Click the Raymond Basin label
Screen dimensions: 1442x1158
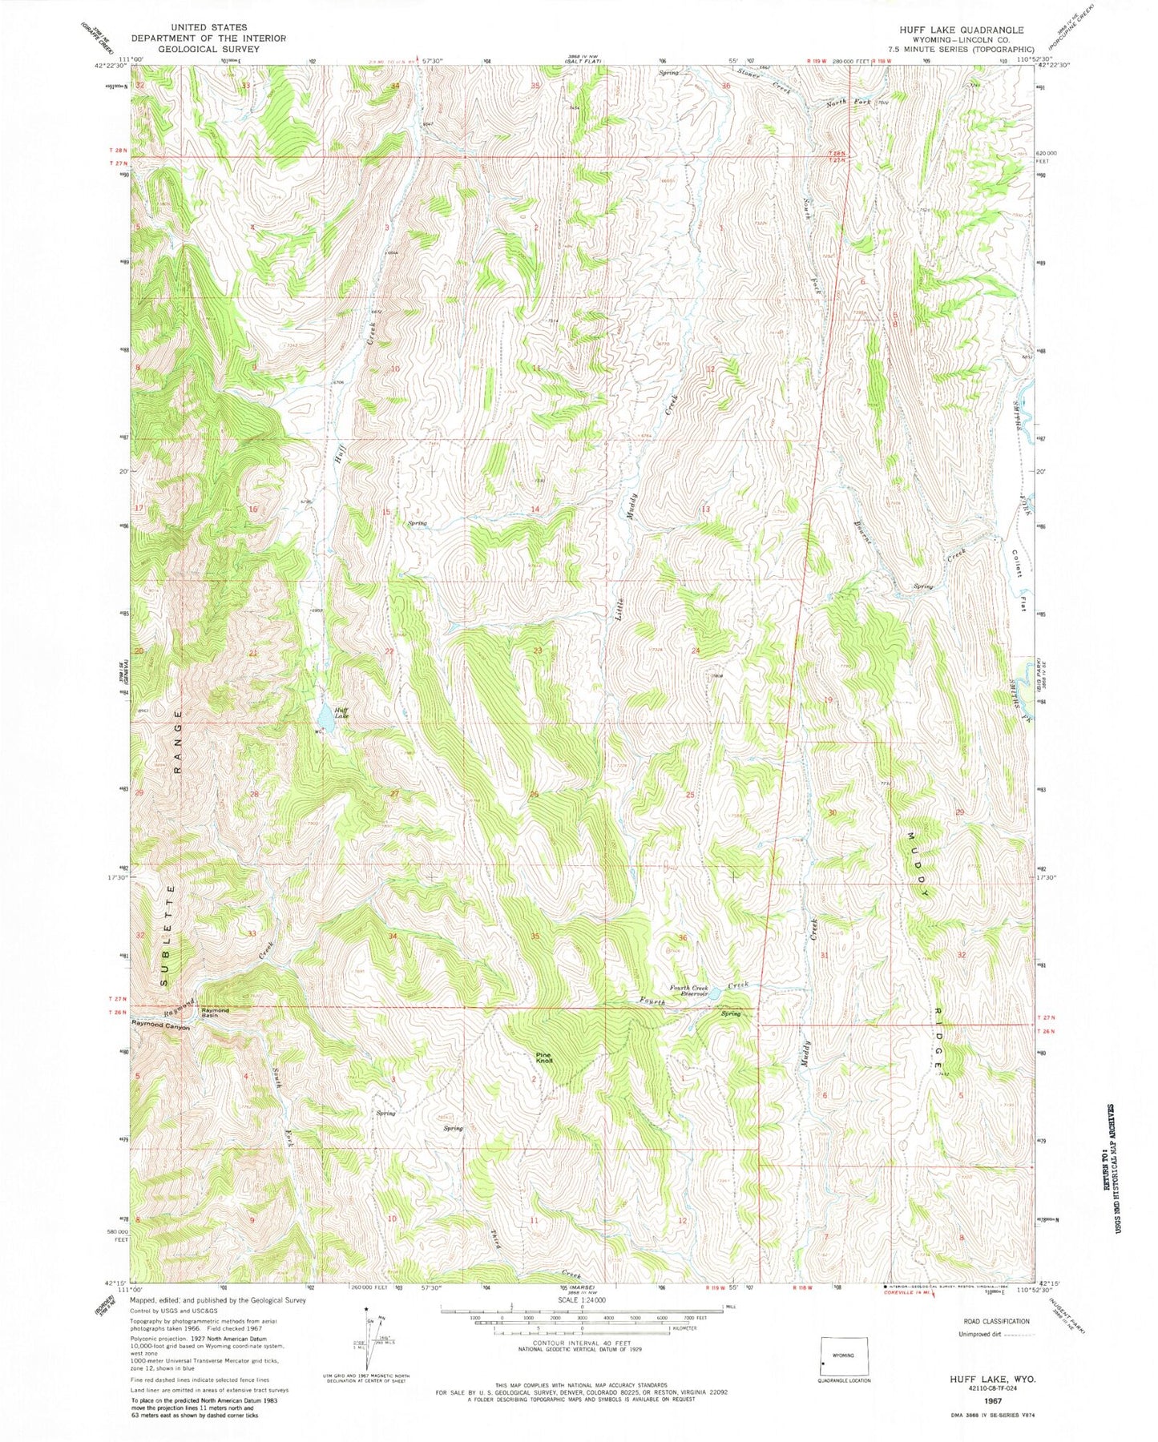pos(215,1013)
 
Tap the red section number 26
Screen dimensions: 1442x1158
pos(534,794)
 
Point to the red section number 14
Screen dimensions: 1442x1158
pos(535,510)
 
